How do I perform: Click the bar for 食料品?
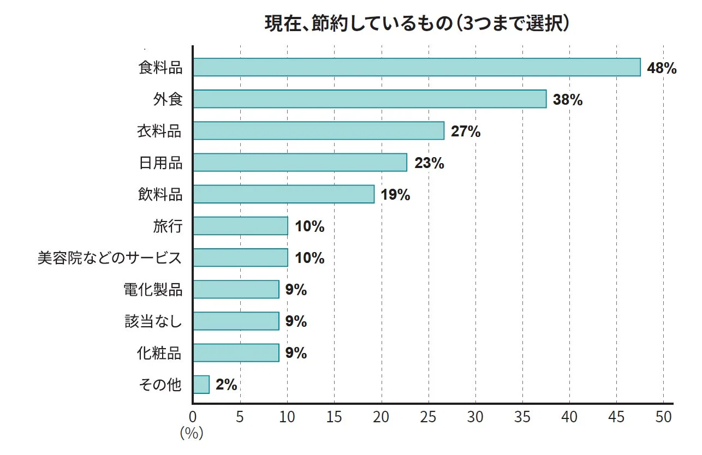417,67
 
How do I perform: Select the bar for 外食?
370,99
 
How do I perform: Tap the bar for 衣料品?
318,131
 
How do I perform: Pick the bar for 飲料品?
283,194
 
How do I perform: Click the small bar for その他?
201,385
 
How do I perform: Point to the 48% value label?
662,68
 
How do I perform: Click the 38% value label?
568,100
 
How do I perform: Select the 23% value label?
429,163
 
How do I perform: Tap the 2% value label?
226,385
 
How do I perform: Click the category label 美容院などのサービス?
109,258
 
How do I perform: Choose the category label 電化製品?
153,290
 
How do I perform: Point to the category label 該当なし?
153,321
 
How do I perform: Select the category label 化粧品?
159,353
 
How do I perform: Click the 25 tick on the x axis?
429,417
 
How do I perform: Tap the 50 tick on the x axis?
663,417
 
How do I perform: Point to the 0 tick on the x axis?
193,417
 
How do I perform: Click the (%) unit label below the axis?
192,434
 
